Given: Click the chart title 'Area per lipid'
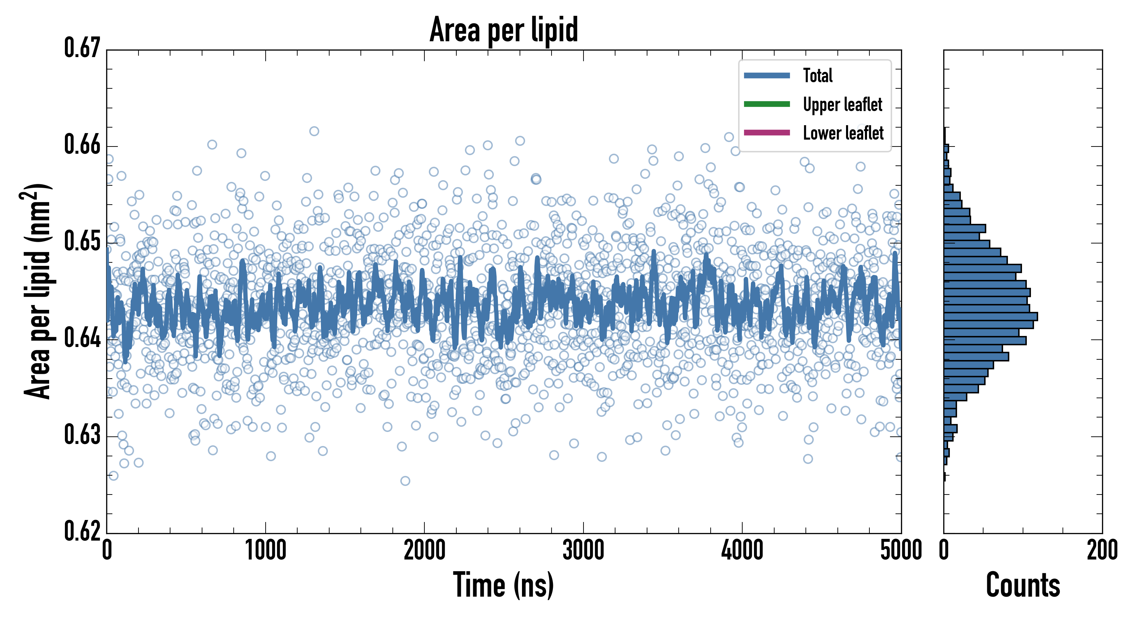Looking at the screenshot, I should pos(504,30).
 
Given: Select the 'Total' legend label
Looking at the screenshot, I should pos(818,75).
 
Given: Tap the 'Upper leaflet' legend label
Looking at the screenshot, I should pos(842,105).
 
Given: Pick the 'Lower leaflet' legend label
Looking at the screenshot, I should pos(843,133).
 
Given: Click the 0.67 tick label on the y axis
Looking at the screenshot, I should pos(82,48).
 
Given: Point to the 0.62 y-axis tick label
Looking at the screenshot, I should pos(82,531).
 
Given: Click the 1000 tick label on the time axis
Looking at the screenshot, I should pos(265,551).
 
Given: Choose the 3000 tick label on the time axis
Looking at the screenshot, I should pos(583,551).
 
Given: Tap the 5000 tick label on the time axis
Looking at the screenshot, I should pos(901,551).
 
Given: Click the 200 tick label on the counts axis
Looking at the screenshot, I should pos(1102,551).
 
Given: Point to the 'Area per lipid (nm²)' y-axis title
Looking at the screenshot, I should pos(37,291).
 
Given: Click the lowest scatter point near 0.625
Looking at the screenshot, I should pos(405,481).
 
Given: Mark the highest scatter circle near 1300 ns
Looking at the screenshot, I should pos(314,131).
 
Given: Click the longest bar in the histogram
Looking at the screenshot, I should pos(990,316).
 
